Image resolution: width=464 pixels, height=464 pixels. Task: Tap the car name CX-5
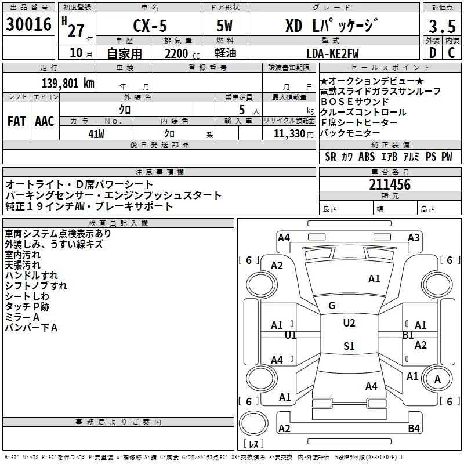(148, 27)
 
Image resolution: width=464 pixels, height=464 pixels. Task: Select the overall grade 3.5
(441, 27)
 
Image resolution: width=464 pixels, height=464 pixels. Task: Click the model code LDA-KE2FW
(332, 53)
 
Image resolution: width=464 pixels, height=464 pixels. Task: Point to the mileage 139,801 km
(68, 83)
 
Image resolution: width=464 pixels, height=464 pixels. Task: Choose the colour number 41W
(96, 133)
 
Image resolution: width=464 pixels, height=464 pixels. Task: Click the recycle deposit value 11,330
(288, 133)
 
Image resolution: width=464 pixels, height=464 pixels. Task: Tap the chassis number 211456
(390, 185)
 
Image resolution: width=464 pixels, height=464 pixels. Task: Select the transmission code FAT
(17, 121)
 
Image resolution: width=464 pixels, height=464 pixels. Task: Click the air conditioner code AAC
(45, 121)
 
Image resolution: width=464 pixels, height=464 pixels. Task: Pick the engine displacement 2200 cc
(178, 53)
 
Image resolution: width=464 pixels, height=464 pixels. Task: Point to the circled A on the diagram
(438, 379)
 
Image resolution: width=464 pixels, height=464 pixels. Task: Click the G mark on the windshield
(332, 306)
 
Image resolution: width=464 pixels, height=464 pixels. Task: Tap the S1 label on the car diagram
(349, 346)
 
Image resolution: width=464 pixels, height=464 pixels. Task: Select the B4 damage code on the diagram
(414, 429)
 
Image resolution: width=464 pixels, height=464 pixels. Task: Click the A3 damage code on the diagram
(414, 238)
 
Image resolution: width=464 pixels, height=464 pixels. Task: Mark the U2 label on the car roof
(349, 323)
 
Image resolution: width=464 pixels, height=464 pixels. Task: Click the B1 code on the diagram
(408, 335)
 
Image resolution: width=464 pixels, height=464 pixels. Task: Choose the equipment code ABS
(367, 157)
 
